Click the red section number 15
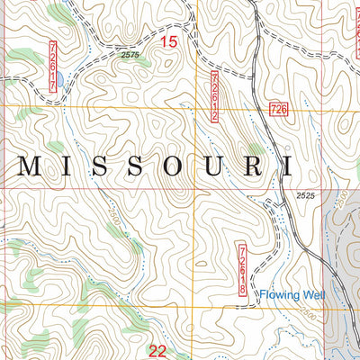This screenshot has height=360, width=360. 168,41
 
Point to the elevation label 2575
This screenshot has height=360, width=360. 130,56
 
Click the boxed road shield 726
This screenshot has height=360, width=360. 278,109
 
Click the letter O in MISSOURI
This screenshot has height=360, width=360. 171,165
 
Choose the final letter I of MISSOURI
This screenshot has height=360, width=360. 286,165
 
